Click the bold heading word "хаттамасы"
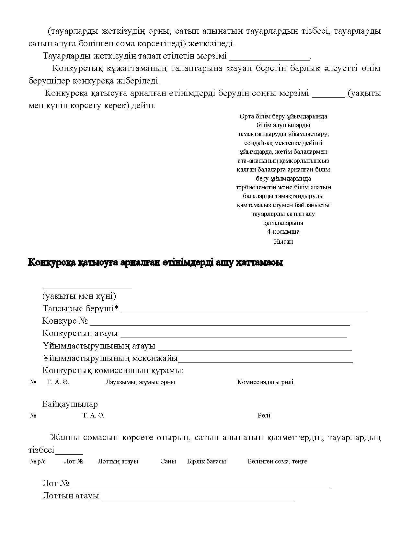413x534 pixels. click(x=259, y=262)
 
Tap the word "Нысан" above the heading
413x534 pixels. click(x=283, y=241)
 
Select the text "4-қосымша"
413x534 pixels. click(x=283, y=232)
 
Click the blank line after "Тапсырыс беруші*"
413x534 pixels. click(x=244, y=312)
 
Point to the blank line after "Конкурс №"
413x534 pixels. click(x=220, y=324)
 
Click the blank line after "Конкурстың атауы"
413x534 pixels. click(x=234, y=336)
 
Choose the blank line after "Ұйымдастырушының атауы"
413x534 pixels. click(x=255, y=349)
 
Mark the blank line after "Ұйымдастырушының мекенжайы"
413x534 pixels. click(x=266, y=361)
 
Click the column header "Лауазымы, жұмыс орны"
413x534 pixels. click(x=140, y=382)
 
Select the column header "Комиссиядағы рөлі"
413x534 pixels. click(x=265, y=382)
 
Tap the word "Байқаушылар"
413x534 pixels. click(x=70, y=404)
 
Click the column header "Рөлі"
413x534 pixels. click(x=264, y=416)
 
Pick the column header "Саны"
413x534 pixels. click(x=168, y=462)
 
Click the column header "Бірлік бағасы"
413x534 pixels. click(x=206, y=462)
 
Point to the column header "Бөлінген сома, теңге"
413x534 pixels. click(x=277, y=462)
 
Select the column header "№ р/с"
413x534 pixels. click(x=38, y=462)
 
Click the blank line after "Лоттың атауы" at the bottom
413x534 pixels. click(x=198, y=499)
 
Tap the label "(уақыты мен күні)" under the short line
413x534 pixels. click(x=79, y=296)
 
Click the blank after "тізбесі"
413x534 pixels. click(x=69, y=453)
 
